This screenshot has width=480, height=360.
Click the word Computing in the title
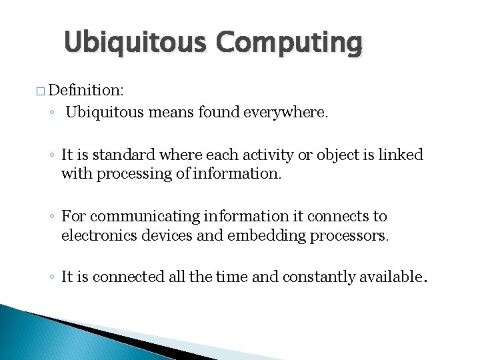click(x=289, y=43)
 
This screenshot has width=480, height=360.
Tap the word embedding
click(x=255, y=235)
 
